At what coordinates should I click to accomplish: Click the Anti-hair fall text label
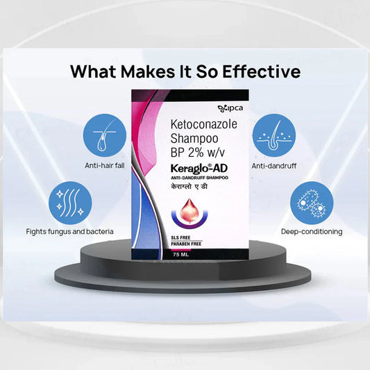[105, 167]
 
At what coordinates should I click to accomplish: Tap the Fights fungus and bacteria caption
[69, 231]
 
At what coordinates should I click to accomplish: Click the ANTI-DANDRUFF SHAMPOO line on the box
[199, 178]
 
